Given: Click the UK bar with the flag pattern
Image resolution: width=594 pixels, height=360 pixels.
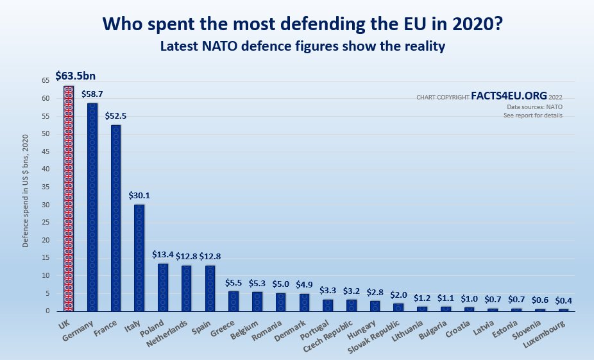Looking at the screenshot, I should (69, 199).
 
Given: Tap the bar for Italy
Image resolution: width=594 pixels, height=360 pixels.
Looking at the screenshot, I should (139, 257).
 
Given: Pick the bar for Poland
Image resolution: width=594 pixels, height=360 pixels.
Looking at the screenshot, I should (163, 287).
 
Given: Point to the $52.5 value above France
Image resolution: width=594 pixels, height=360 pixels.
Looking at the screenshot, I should (116, 116).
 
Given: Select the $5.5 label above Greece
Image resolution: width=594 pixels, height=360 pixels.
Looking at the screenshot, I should (234, 282).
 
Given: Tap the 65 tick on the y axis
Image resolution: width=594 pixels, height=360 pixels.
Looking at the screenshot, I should (46, 81).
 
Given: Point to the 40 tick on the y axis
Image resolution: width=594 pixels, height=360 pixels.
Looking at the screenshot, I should (46, 169).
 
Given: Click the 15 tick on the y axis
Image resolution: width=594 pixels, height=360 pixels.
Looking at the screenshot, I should (46, 258).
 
